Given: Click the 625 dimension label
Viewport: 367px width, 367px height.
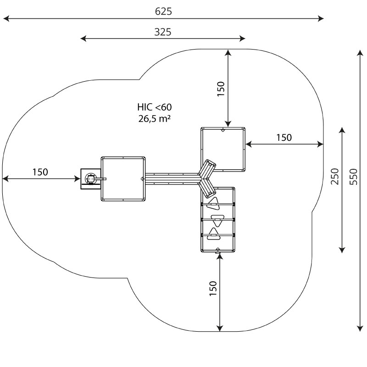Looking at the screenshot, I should (x=163, y=11).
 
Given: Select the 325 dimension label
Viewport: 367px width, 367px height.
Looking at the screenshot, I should (x=163, y=32).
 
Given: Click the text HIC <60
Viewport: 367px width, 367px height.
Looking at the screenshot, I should (x=155, y=107).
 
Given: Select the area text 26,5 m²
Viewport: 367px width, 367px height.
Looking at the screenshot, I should (x=155, y=118).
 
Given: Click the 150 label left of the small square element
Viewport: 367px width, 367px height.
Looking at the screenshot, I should (x=40, y=172).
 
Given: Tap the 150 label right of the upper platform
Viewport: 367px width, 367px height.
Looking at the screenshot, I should (x=284, y=138).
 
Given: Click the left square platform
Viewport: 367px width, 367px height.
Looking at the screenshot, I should (x=123, y=178).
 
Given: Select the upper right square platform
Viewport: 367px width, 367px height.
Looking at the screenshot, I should (x=223, y=149).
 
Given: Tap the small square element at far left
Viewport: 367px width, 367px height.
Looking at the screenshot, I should (x=90, y=178).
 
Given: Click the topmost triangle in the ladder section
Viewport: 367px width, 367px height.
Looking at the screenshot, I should (x=214, y=202).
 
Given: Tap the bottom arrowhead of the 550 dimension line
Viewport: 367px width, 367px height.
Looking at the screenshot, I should (x=359, y=328).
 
